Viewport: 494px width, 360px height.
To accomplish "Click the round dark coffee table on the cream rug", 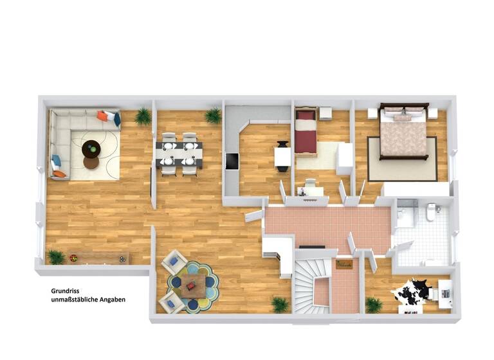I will click(91, 149).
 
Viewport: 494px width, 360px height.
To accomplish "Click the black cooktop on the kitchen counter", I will click(232, 161).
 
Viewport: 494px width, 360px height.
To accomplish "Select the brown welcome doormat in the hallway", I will click(344, 264).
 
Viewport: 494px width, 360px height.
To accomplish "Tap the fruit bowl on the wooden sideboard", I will click(73, 258).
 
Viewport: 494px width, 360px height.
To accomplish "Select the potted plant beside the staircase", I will click(280, 303).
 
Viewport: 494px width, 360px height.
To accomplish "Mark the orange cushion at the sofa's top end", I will click(102, 116).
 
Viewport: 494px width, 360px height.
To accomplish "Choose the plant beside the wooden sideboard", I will click(56, 256).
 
